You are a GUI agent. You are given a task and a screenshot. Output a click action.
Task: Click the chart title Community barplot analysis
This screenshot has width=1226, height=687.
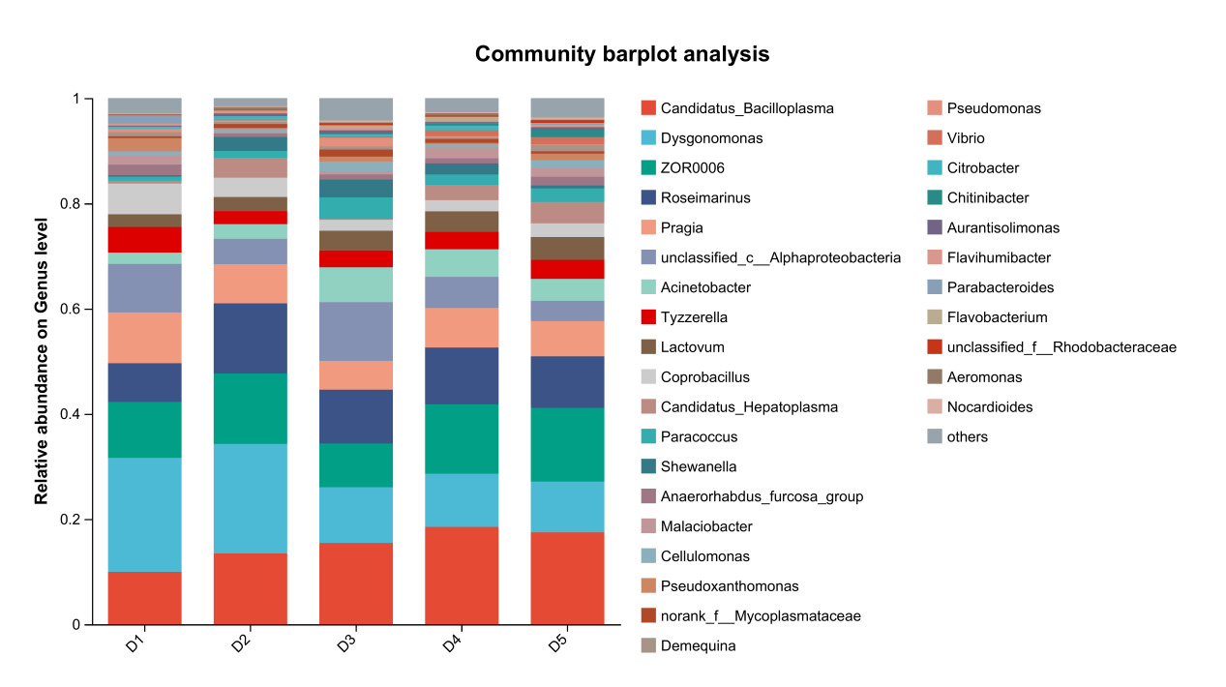tap(622, 54)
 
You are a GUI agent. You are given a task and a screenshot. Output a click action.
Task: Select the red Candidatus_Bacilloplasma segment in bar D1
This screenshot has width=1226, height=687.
tap(144, 598)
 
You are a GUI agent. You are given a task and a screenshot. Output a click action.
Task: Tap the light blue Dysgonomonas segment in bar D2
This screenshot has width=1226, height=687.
tap(251, 498)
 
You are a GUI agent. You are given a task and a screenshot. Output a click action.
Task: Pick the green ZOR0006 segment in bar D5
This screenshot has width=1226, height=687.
tap(567, 444)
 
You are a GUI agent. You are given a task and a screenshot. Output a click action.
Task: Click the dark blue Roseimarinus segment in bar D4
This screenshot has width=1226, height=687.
tap(462, 375)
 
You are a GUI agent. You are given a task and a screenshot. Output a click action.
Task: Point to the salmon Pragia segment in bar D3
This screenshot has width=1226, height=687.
tap(356, 375)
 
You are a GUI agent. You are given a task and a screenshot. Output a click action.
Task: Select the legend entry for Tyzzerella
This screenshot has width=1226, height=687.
tap(694, 317)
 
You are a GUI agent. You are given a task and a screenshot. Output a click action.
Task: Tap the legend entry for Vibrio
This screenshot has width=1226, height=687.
tap(966, 138)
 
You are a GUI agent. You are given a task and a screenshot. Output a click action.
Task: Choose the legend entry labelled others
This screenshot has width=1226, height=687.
tap(968, 436)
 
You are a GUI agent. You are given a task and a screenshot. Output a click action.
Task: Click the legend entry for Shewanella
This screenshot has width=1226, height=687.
tap(699, 466)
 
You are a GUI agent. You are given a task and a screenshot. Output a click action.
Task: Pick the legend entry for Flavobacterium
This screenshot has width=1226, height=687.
tap(997, 317)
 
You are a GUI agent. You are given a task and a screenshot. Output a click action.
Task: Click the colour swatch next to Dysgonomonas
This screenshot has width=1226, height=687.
tap(648, 138)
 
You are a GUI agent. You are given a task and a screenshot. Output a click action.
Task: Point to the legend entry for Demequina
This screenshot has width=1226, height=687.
tap(698, 645)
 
